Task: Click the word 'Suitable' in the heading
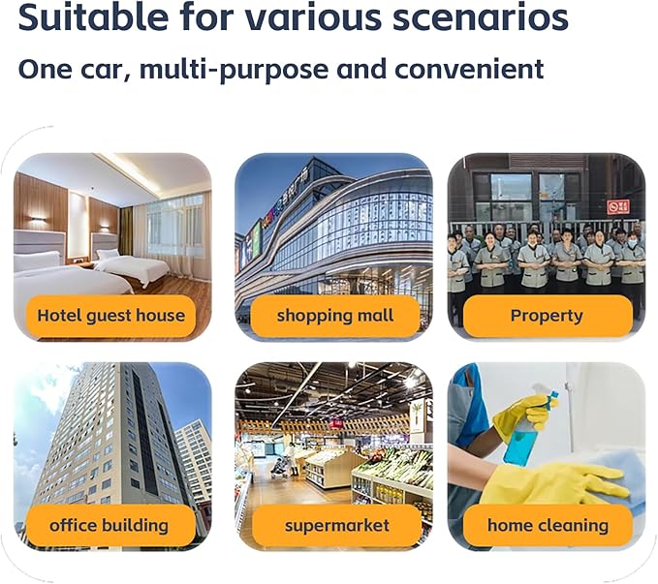(x=94, y=16)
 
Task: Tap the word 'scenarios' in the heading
(x=480, y=17)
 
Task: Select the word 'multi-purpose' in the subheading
(x=234, y=70)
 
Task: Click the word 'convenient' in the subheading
(x=469, y=69)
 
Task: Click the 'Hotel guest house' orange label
(x=110, y=316)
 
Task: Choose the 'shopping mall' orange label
(x=335, y=316)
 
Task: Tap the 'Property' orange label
(x=548, y=316)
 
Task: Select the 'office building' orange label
(x=110, y=525)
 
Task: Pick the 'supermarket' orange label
(x=336, y=525)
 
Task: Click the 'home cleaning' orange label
(x=548, y=525)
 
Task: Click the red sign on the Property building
(x=618, y=207)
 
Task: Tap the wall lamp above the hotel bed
(x=39, y=219)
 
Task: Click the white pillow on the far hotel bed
(x=109, y=254)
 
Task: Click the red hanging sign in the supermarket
(x=335, y=424)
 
